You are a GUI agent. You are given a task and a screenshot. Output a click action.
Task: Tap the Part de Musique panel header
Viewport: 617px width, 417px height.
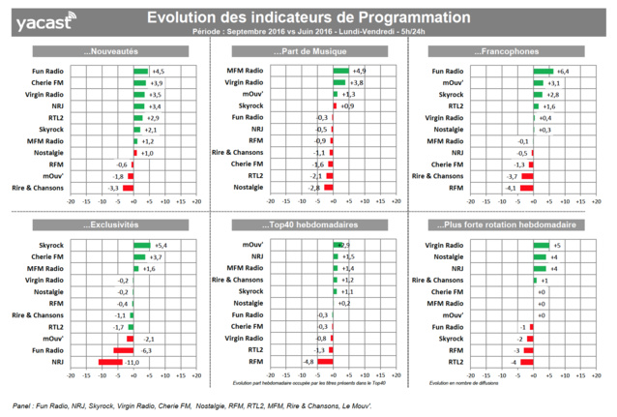point(308,51)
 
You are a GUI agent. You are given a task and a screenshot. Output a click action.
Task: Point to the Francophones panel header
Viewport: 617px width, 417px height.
point(513,51)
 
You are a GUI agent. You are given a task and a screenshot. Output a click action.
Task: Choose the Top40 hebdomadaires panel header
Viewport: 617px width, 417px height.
point(308,225)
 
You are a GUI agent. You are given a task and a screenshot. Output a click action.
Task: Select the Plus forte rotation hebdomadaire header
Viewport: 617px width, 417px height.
point(513,225)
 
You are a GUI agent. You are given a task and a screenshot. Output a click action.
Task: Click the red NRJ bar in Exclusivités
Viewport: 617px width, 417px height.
point(116,361)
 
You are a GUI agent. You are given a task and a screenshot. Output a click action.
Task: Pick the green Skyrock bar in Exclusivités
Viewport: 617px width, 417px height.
point(141,246)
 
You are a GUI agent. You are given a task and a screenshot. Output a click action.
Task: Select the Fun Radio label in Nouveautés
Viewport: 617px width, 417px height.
point(45,72)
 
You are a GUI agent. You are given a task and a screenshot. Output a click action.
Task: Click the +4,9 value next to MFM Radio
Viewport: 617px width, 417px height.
point(358,72)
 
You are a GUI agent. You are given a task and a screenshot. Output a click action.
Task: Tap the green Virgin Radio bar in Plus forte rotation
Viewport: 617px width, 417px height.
point(542,246)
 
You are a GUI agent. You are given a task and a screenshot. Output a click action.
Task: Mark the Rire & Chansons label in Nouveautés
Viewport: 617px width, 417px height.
point(37,187)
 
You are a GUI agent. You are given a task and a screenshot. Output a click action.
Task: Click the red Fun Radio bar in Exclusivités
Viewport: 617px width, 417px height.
point(124,349)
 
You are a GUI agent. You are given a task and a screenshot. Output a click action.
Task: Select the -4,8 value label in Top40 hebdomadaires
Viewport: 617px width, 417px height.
point(308,361)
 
